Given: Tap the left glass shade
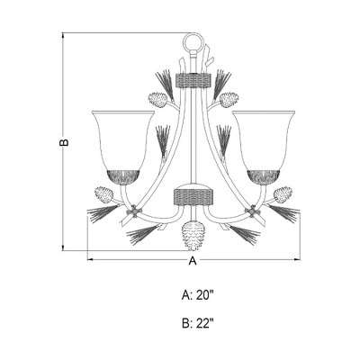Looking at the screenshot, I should click(x=124, y=139).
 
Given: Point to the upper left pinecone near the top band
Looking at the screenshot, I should click(x=160, y=96).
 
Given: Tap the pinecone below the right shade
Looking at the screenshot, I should click(x=283, y=193).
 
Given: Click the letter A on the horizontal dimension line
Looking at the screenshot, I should click(x=192, y=261).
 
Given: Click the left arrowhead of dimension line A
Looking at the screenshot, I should click(x=89, y=261).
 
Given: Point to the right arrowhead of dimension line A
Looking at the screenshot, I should click(x=297, y=261).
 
